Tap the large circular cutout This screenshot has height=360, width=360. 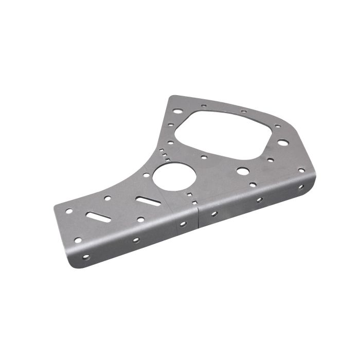(x=171, y=177)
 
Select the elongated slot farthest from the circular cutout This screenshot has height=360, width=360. (x=97, y=216)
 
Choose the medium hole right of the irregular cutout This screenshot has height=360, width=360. (x=282, y=142)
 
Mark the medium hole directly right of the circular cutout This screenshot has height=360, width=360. (x=242, y=170)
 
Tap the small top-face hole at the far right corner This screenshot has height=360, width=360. (x=301, y=170)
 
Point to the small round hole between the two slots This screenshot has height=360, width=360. (x=107, y=198)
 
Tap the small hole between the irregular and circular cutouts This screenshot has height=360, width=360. (x=204, y=157)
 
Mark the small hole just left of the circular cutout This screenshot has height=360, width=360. (x=146, y=175)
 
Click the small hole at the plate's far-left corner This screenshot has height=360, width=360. (x=68, y=211)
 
